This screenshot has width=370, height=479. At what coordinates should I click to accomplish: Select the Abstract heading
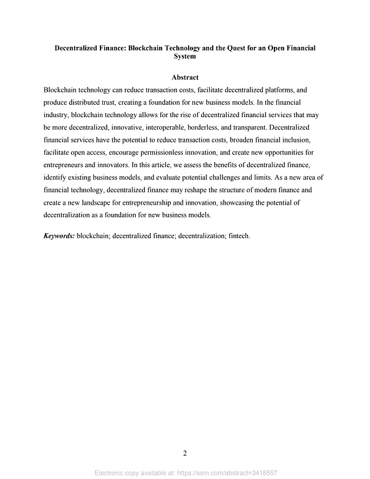click(185, 78)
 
